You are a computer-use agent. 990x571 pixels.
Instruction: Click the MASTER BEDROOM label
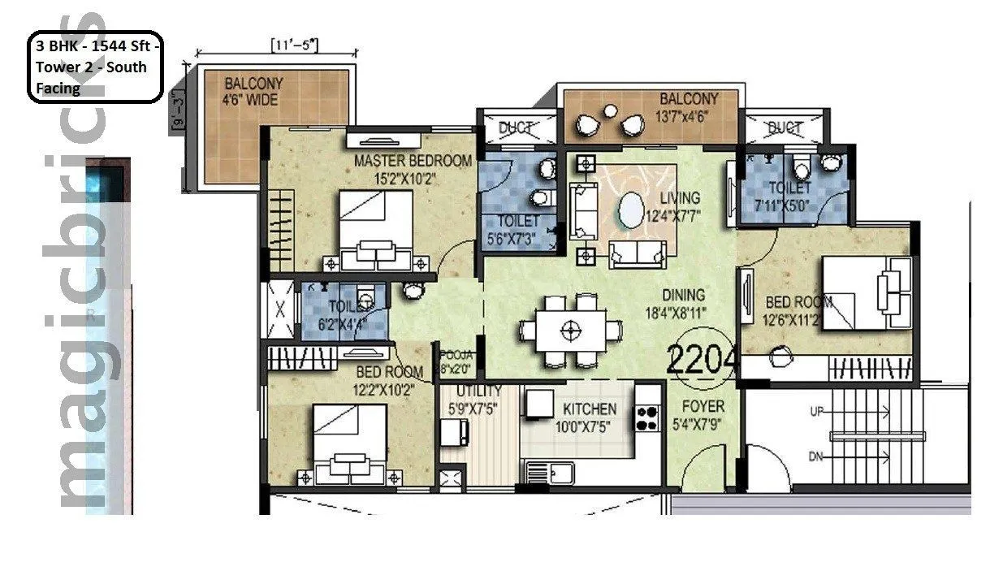coord(412,161)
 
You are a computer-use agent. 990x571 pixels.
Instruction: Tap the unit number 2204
coord(702,358)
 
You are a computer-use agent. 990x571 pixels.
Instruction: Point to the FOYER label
coord(703,405)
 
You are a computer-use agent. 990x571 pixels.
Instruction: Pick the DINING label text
coord(682,295)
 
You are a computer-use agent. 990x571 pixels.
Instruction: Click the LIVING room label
coord(679,197)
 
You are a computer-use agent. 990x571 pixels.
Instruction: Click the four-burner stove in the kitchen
coord(647,417)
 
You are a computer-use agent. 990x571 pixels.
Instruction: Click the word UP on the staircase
coord(817,412)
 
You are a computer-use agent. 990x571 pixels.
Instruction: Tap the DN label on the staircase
coord(817,457)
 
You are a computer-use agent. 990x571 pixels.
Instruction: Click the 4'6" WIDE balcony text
coord(253,101)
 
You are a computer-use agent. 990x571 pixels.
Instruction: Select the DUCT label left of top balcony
coord(516,128)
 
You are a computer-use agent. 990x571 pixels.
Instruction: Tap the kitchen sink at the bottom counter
coord(550,472)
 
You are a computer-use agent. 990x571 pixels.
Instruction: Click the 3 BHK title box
coord(96,67)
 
